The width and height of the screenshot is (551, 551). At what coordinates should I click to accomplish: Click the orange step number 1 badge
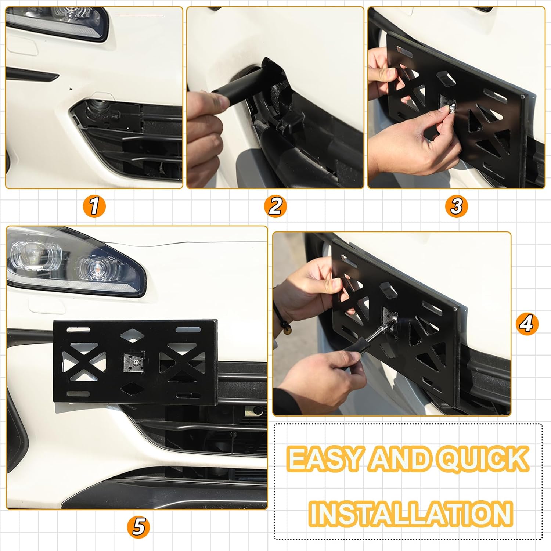94,206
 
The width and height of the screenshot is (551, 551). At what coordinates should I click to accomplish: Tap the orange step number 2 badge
275,206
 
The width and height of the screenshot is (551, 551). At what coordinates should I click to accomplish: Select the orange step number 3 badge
457,206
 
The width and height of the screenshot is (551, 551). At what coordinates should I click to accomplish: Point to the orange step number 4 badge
527,324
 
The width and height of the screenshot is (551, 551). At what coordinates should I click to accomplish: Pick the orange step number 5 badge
138,527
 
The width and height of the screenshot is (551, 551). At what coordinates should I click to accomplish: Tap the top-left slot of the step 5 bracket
78,330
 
